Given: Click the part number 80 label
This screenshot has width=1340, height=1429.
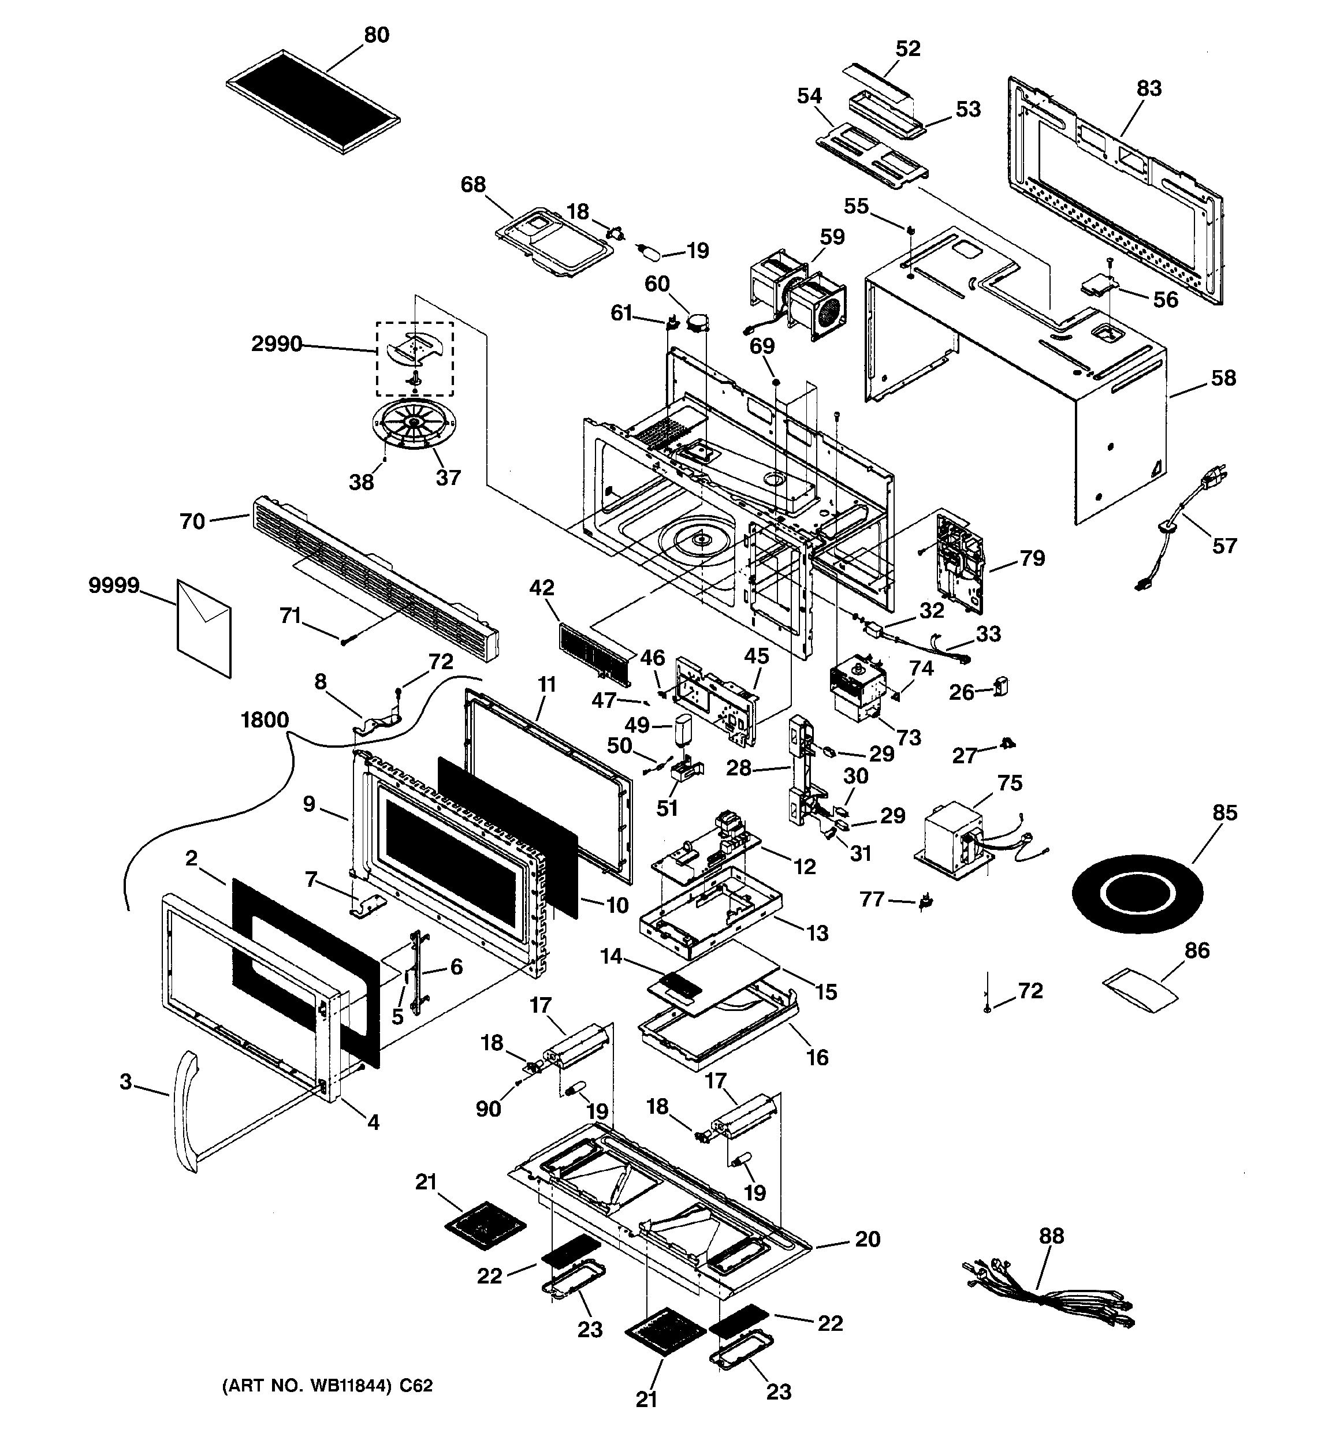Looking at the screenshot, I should click(x=376, y=35).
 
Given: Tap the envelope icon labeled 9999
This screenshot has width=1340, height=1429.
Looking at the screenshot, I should click(x=204, y=628).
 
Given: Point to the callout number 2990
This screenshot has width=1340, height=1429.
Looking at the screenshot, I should click(x=276, y=344).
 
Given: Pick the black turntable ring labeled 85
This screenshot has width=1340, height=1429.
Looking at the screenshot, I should click(x=1137, y=894).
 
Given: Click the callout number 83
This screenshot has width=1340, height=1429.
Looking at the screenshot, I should click(x=1149, y=88).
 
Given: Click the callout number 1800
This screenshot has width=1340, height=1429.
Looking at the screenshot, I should click(x=265, y=719).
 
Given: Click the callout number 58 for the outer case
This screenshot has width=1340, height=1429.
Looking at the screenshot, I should click(x=1223, y=378).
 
